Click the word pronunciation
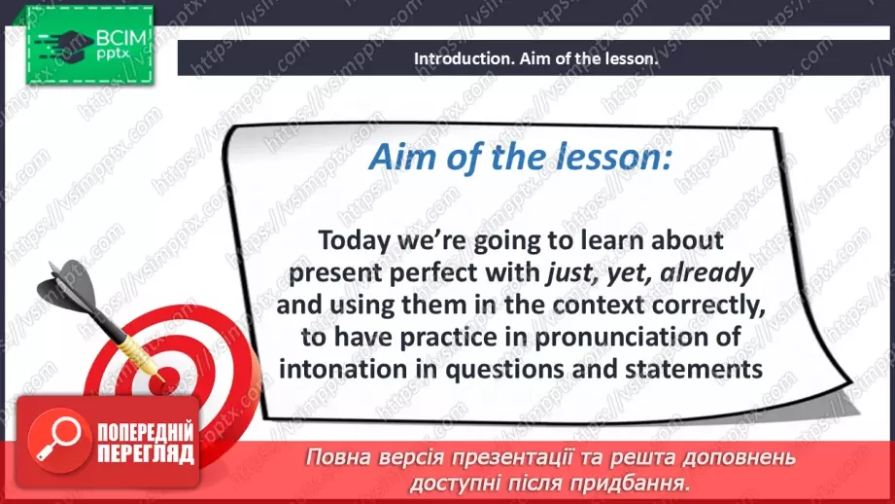pyautogui.click(x=612, y=338)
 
